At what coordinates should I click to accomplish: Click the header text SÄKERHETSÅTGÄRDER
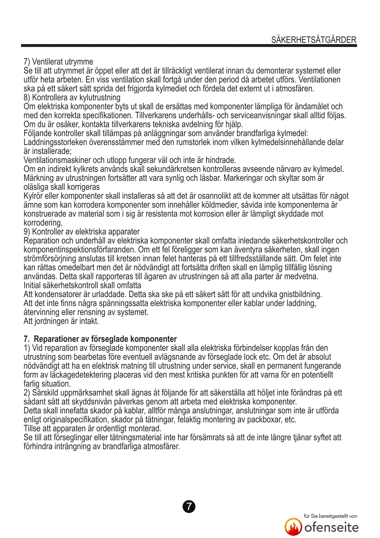pos(314,40)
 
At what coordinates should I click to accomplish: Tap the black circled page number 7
pos(189,507)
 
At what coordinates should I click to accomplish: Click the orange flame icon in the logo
pos(293,527)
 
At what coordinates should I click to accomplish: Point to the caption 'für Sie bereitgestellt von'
pos(330,516)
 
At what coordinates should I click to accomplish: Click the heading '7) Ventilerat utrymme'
pos(58,62)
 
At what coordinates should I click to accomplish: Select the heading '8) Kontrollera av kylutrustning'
pos(72,97)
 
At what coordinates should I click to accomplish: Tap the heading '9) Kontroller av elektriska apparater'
pos(82,232)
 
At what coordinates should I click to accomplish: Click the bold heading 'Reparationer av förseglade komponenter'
pos(105,339)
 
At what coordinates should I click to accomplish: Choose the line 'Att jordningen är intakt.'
pos(61,321)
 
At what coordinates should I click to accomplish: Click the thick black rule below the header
pos(189,46)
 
